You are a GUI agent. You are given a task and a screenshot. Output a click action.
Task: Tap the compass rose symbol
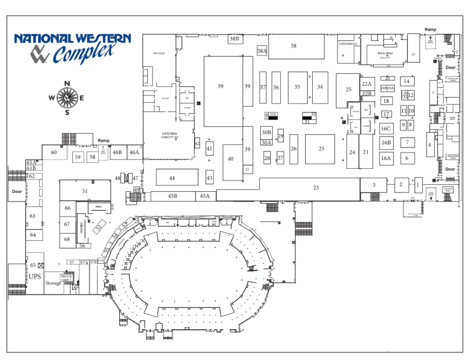coord(67,98)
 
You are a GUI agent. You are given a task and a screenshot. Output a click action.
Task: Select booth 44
coord(172,178)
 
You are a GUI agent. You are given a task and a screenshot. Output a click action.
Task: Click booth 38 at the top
coord(293,46)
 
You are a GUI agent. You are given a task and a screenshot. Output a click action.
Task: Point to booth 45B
coord(173,196)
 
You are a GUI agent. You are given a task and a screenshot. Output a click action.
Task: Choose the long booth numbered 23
coord(315,188)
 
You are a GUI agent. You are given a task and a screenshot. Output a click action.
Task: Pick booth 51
coord(85,191)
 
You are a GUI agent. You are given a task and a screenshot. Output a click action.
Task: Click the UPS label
coord(35,276)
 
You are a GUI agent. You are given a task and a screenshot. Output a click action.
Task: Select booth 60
coord(54,153)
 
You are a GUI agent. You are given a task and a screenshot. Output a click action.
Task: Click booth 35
coord(297,87)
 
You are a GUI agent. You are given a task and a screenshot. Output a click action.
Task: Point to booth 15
coord(413,54)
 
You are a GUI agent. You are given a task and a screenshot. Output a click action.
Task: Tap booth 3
coord(374,185)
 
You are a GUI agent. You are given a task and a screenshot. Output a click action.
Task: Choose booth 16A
coord(386,158)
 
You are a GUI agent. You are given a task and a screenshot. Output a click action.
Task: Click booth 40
coord(231,159)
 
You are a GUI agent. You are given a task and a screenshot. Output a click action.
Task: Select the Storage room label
coord(53,283)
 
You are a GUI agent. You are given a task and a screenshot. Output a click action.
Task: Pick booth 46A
coord(134,153)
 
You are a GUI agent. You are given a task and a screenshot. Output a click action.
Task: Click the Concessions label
coord(348,44)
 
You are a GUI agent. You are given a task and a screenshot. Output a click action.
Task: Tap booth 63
coord(32,216)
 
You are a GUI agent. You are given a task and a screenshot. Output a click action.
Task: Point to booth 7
coord(407,143)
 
